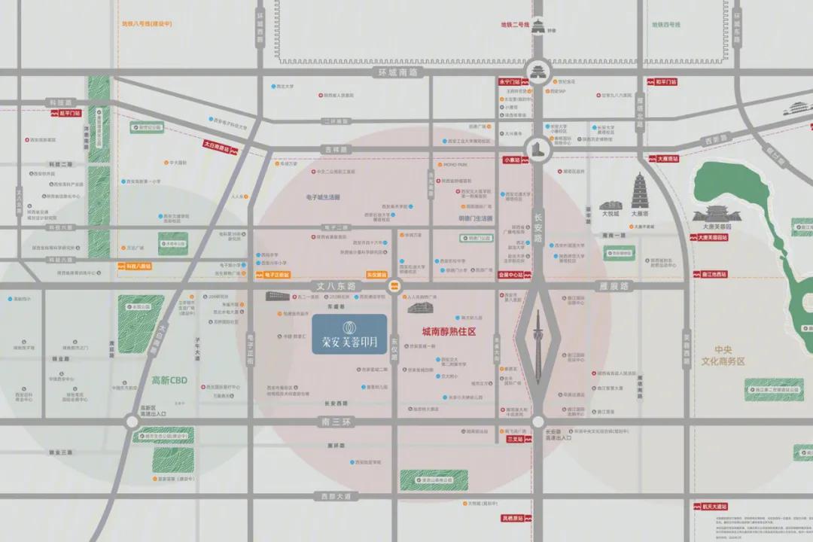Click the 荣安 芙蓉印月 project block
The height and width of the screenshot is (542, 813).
tap(349, 334)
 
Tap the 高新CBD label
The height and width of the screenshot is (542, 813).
tap(169, 380)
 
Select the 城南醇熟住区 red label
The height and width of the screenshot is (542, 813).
tap(449, 331)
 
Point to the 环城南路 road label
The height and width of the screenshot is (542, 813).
tap(398, 72)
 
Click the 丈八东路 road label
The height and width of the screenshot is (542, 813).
tap(333, 286)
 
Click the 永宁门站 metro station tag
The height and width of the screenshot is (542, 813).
tap(510, 81)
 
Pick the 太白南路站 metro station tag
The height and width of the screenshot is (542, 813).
tap(220, 147)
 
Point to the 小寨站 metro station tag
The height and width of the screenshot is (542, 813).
tap(512, 160)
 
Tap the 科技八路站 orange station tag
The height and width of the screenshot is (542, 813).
tap(135, 266)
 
